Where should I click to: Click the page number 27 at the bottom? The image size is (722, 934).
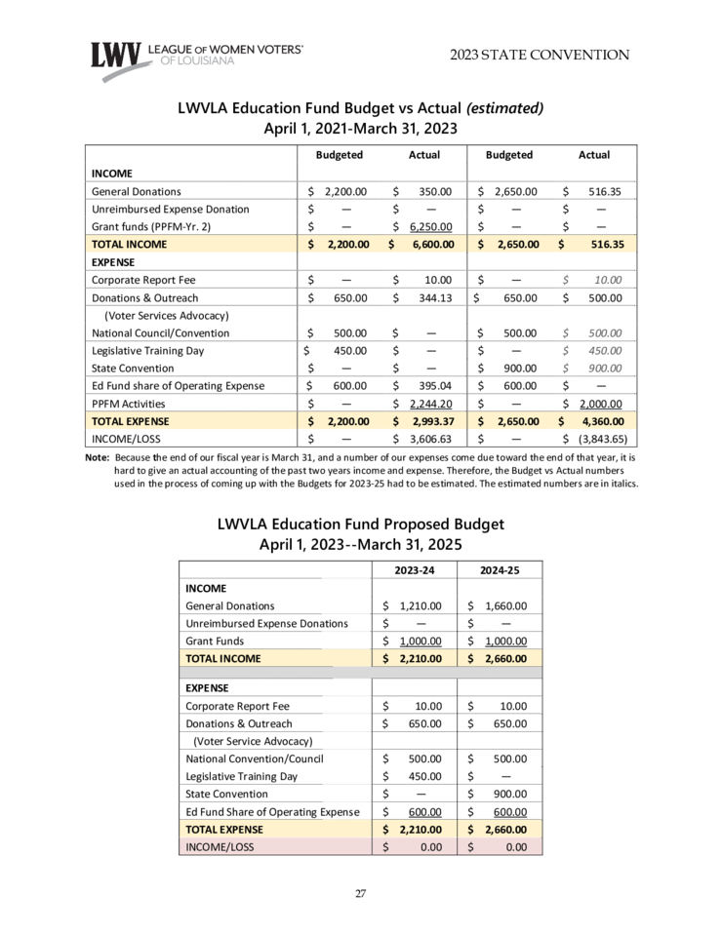[361, 893]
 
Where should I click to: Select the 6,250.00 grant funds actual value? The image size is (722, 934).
[430, 227]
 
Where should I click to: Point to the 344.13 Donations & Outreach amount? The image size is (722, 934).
[431, 297]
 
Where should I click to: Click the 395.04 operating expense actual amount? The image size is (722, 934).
[431, 385]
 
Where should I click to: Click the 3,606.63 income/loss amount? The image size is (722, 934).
[430, 439]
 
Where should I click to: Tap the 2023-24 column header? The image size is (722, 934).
[415, 569]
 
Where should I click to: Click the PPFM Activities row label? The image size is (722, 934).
[128, 404]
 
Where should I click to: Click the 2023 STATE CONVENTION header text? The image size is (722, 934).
[540, 55]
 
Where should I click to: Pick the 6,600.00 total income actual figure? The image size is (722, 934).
[428, 245]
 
